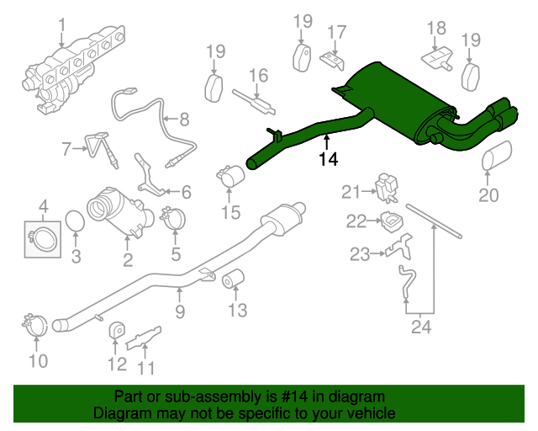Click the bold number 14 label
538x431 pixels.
330,159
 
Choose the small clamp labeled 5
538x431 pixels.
173,218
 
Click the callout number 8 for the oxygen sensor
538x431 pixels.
183,120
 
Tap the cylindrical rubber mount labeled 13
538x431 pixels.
233,279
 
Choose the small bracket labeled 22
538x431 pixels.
390,222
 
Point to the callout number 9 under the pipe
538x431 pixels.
179,292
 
